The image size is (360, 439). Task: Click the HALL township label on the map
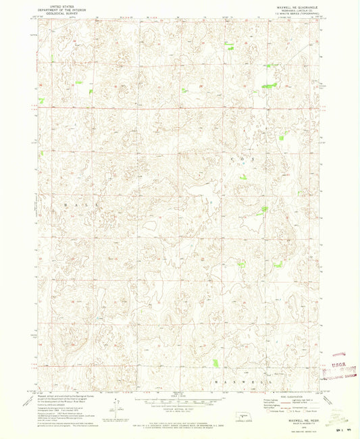[x=81, y=203]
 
